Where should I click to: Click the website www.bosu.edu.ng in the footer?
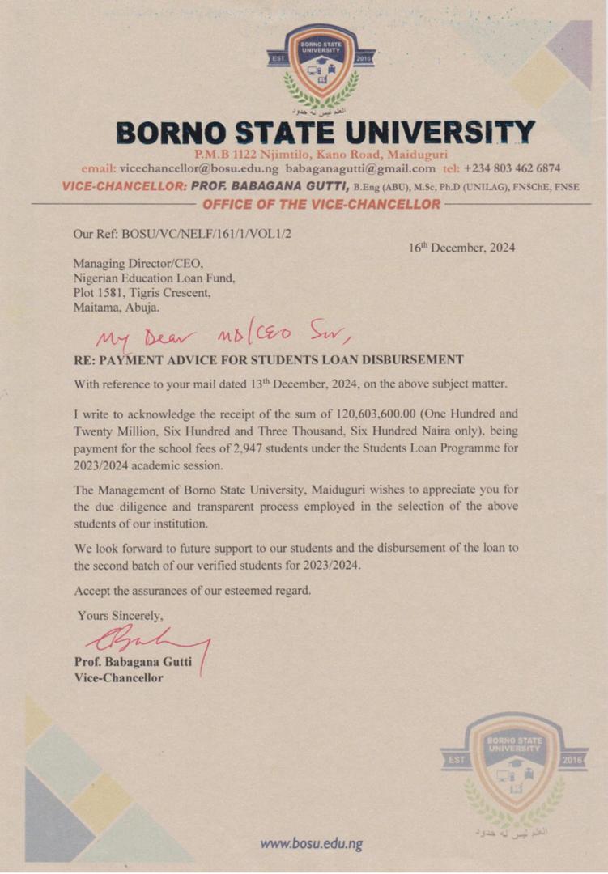[311, 843]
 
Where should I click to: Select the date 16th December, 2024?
[461, 248]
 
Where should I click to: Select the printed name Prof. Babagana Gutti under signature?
[133, 662]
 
